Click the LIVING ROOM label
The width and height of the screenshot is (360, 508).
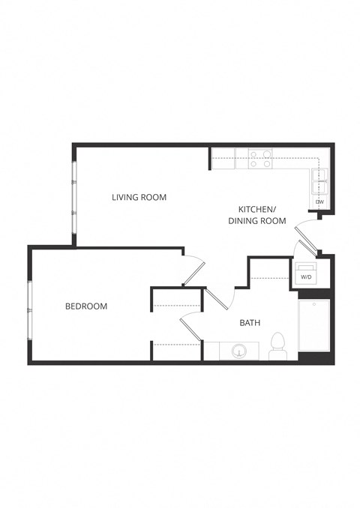(139, 197)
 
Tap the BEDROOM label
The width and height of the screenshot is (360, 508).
(85, 306)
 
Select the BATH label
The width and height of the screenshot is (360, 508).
(250, 323)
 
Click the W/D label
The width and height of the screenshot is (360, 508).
(306, 277)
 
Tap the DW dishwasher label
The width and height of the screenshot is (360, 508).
(319, 202)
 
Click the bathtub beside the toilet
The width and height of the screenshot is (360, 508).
(314, 324)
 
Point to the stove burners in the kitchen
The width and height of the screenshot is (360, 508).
(260, 157)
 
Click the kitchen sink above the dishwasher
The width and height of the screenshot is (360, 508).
(319, 180)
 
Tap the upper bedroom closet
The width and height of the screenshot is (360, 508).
(178, 299)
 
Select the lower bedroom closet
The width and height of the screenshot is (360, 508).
(178, 351)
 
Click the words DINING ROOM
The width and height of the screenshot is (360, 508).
(257, 221)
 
